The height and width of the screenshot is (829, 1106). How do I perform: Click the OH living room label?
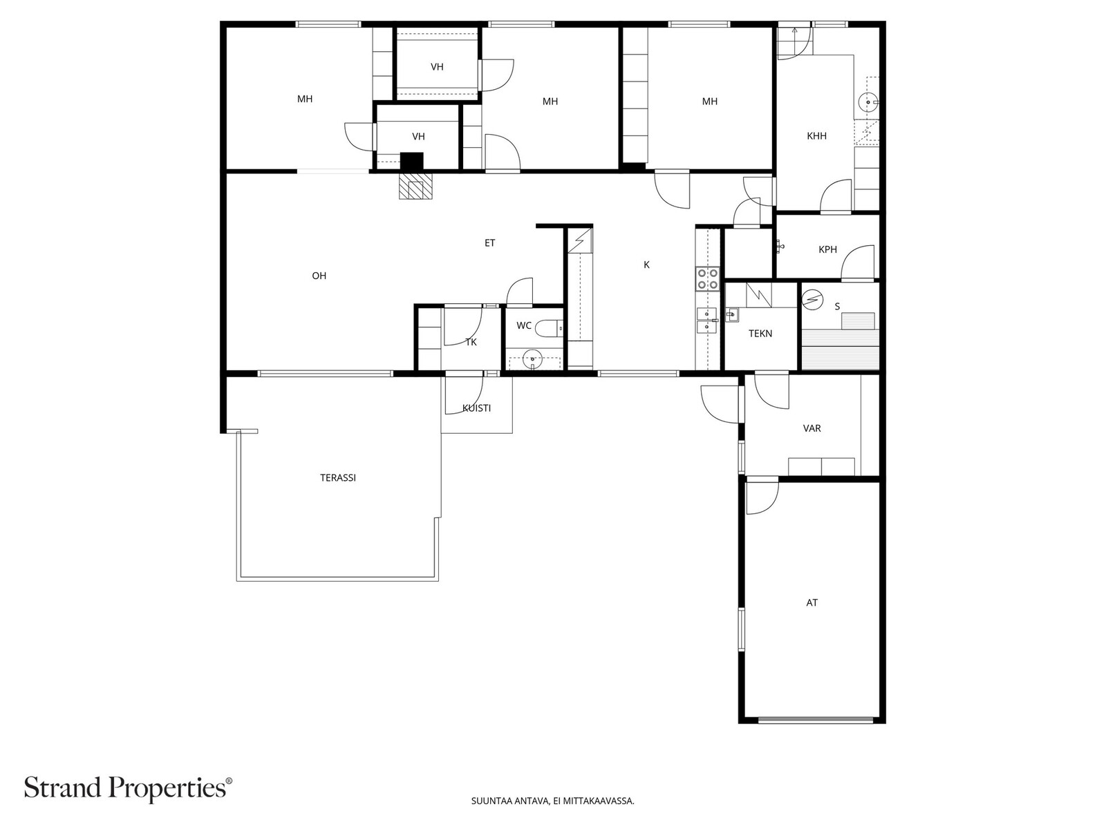319,276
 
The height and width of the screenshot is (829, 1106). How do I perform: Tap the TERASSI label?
337,477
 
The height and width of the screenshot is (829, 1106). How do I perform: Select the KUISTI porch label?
476,408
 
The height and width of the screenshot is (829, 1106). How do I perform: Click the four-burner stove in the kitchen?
707,279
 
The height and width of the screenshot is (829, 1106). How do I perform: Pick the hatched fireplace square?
415,187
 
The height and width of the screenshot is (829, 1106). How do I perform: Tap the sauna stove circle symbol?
812,300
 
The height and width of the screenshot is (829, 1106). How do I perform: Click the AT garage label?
812,602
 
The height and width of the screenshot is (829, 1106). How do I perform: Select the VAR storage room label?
812,428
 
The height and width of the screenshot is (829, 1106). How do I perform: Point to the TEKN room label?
760,333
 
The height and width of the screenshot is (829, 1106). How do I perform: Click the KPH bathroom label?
827,249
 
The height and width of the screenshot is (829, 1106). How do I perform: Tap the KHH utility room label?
816,136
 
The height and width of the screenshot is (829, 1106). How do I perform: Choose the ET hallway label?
489,243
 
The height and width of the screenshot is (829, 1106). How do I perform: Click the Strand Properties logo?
129,788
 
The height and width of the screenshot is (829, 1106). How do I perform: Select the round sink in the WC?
531,359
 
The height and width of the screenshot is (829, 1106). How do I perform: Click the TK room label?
471,342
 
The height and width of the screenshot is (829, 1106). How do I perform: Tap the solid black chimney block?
412,161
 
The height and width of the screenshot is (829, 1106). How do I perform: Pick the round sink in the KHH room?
868,102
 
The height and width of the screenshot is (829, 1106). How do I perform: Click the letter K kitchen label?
646,265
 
